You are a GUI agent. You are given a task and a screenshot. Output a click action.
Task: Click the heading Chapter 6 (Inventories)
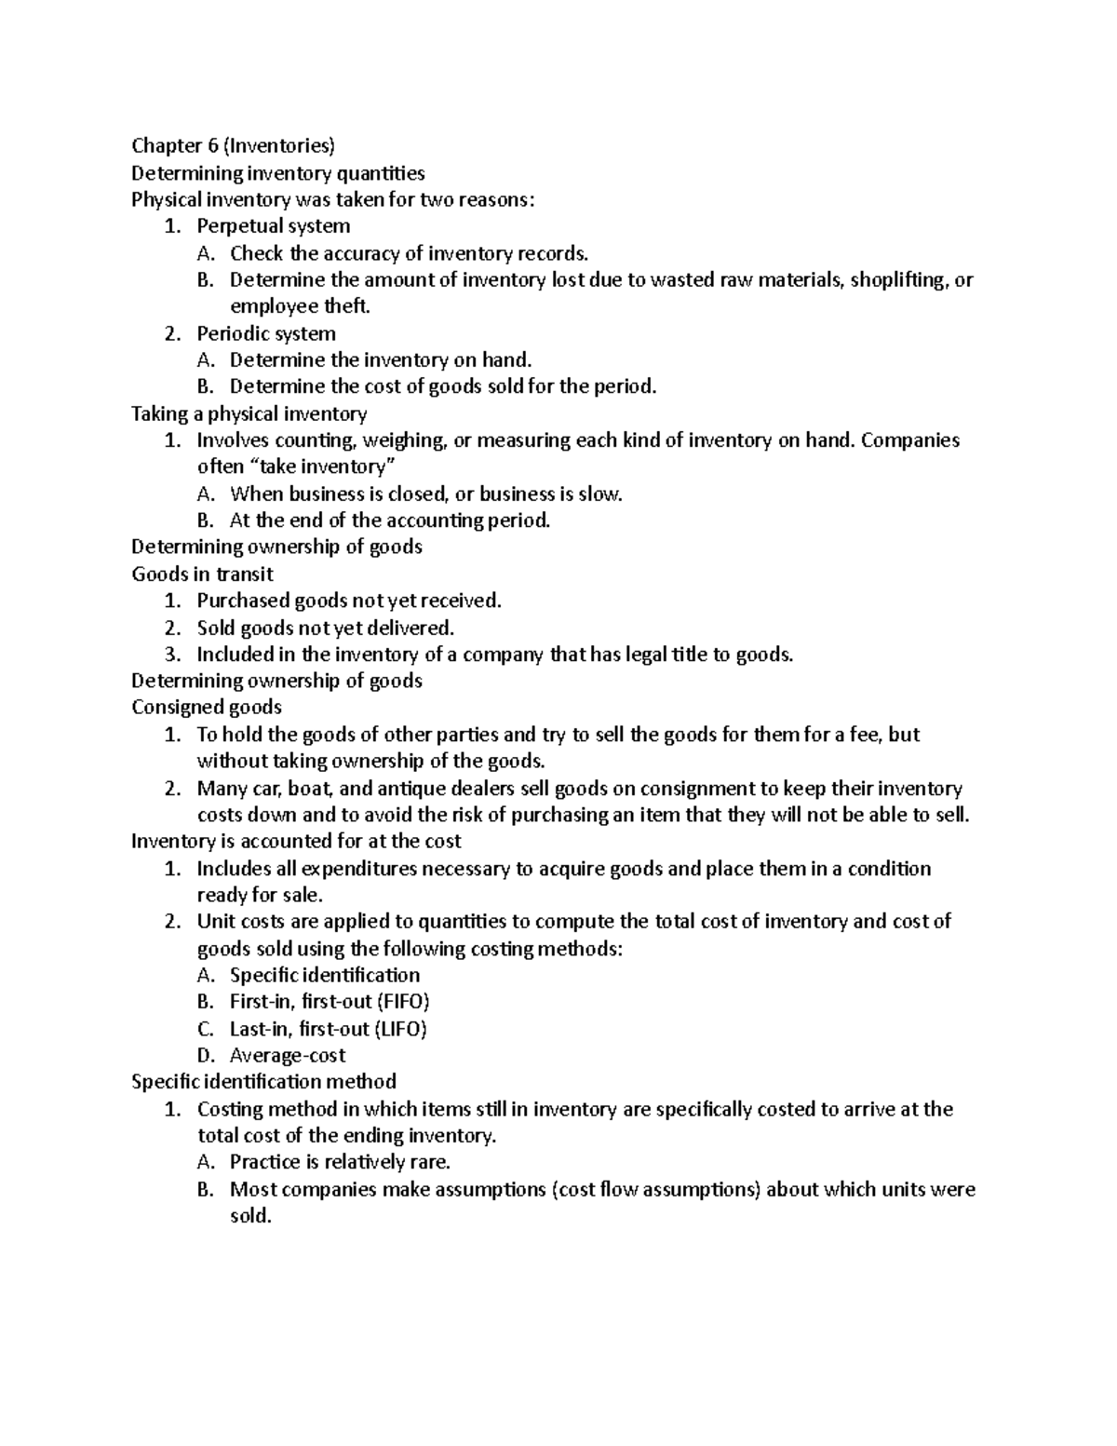click(x=233, y=145)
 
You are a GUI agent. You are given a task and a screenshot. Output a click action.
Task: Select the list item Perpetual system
click(x=273, y=226)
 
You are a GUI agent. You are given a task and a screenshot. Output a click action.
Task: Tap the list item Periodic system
click(x=265, y=333)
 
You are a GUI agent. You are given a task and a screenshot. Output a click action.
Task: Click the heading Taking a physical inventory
click(x=249, y=413)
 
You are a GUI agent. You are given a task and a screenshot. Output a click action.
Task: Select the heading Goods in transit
click(x=202, y=574)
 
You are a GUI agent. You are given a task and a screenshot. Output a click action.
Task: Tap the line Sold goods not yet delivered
click(x=325, y=628)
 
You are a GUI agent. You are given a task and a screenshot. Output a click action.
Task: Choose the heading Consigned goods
click(x=207, y=708)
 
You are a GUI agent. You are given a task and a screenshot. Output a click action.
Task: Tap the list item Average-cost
click(x=287, y=1056)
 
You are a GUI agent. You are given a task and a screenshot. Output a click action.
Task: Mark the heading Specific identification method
click(x=263, y=1082)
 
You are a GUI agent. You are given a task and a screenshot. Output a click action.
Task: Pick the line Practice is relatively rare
click(x=340, y=1162)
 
